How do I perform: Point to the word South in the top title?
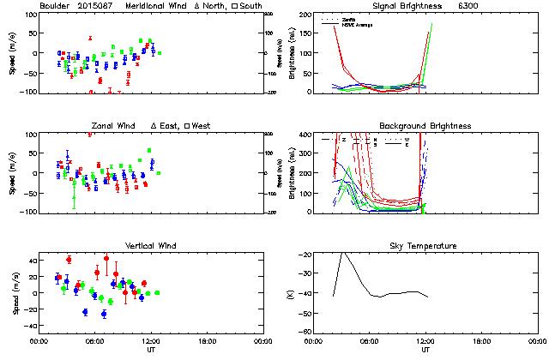(x=251, y=6)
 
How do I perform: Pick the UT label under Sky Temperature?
(x=425, y=350)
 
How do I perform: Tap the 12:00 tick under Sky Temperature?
(x=425, y=341)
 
